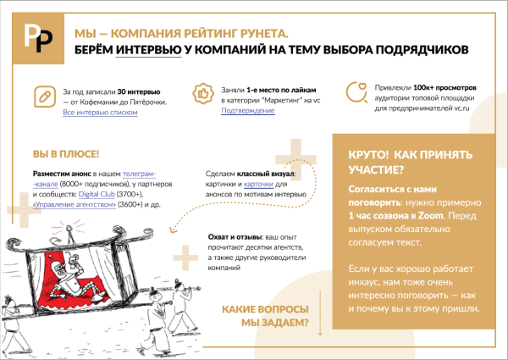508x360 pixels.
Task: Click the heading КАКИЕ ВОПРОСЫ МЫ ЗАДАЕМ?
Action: tap(265, 316)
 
